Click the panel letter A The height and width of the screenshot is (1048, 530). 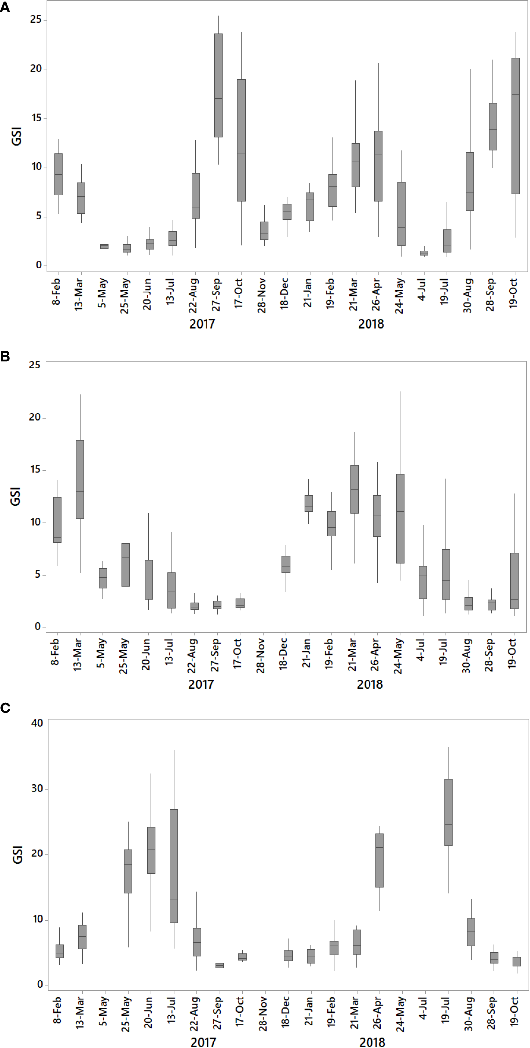(5, 7)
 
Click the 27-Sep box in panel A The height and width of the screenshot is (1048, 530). (218, 85)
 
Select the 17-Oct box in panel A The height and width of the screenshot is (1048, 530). (241, 140)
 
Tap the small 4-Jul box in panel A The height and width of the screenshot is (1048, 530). (424, 253)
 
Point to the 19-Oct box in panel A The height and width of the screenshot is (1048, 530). (516, 126)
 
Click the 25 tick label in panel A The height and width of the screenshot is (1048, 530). (36, 20)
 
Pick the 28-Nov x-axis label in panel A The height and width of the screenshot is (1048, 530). (262, 295)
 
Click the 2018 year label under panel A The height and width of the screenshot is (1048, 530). (371, 324)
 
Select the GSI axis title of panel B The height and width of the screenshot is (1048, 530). (16, 496)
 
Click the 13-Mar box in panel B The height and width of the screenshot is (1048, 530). (80, 479)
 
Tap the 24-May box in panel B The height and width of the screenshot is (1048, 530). (400, 518)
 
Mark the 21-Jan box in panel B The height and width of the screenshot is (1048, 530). (309, 503)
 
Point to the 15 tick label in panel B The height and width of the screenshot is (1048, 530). (35, 470)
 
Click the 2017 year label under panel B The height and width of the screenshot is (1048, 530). (201, 684)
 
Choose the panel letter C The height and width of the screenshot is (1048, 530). (5, 708)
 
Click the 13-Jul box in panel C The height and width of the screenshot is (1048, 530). (174, 866)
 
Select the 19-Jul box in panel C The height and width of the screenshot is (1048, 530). (448, 812)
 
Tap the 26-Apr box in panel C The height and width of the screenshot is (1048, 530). (379, 860)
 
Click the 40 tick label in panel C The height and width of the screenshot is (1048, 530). (37, 723)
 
